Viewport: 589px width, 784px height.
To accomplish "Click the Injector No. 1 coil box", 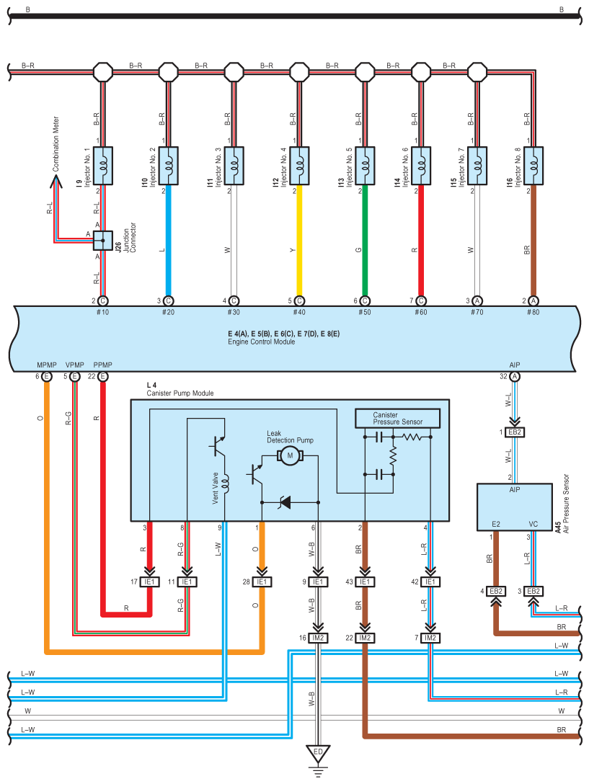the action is [x=102, y=166].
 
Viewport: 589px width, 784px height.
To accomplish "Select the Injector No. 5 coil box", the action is [x=365, y=166].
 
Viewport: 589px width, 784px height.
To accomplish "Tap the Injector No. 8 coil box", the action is [x=533, y=166].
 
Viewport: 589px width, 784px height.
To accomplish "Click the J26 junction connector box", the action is [x=103, y=241].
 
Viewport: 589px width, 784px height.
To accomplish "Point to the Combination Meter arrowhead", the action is [x=56, y=181].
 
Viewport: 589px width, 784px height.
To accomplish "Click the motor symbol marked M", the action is [x=290, y=455].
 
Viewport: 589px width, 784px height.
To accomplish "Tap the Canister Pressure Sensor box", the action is [x=397, y=419].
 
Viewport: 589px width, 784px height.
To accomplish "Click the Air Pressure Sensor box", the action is [x=515, y=507].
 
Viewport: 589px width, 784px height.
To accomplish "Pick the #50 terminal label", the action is [x=365, y=312].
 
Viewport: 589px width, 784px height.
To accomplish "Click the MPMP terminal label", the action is [x=47, y=365].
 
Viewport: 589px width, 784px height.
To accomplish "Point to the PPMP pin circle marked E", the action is [x=102, y=376].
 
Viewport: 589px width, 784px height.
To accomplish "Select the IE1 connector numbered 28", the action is [x=262, y=582].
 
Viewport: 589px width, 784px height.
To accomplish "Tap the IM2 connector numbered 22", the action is [x=365, y=638].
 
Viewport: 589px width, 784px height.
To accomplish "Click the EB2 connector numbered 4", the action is [x=496, y=591].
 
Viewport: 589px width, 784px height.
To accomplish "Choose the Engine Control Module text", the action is [x=261, y=342].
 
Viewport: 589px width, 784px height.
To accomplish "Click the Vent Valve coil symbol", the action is [x=225, y=484].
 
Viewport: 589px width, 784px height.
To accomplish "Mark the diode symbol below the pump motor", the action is [x=285, y=502].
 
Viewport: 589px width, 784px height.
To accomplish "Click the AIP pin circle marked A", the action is [x=515, y=376].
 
